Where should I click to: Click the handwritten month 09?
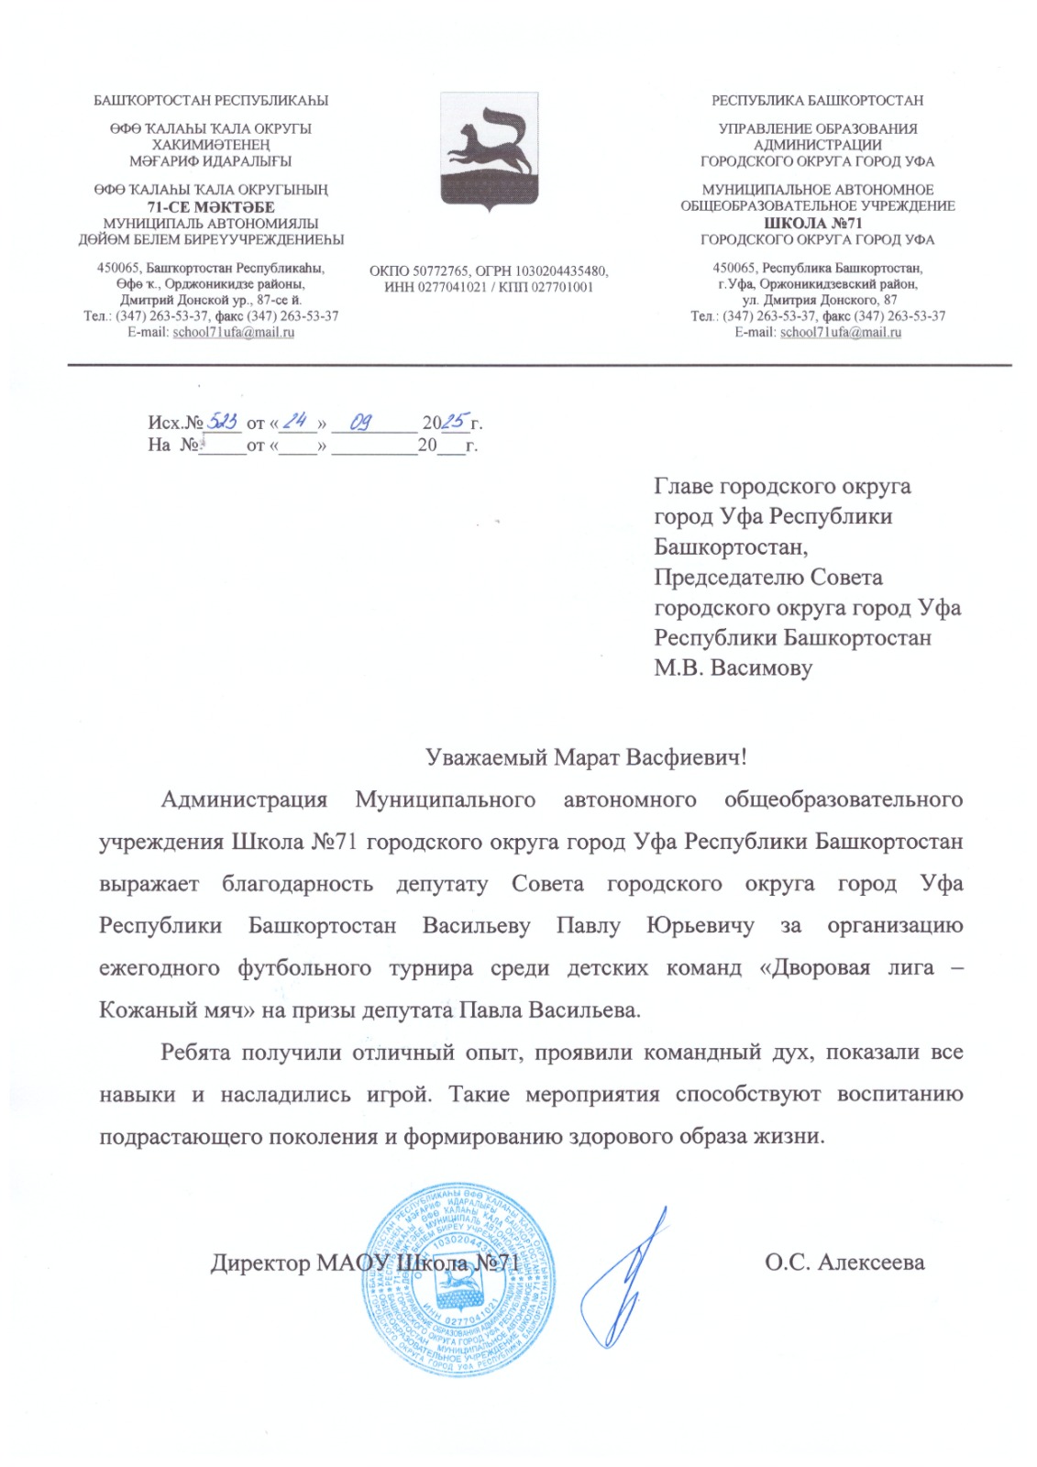[361, 422]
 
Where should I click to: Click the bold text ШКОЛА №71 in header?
[812, 223]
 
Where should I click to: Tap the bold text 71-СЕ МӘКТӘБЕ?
[211, 207]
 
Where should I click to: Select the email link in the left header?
[233, 332]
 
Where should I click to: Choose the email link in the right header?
[840, 332]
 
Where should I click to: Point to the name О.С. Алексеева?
[844, 1263]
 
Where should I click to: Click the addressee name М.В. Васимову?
[733, 667]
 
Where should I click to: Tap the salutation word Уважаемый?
[487, 757]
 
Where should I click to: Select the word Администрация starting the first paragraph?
[244, 800]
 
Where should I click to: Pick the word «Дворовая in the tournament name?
[814, 968]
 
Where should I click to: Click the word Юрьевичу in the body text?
[701, 926]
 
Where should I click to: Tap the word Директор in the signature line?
[260, 1263]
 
